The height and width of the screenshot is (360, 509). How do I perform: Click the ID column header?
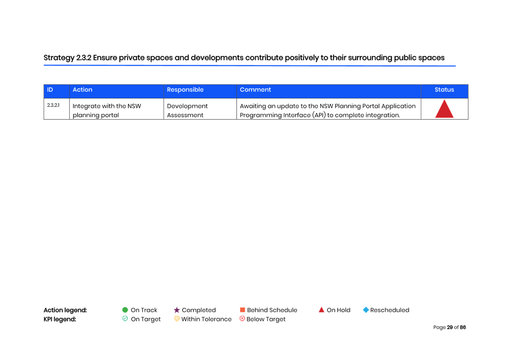pos(50,90)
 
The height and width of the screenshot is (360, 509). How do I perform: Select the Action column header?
pos(82,90)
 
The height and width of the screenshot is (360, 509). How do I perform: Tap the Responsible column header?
pos(185,90)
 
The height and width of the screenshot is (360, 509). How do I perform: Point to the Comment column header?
pos(255,90)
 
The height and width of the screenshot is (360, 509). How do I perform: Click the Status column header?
pos(444,90)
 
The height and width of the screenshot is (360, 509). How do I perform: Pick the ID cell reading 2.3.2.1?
pos(53,105)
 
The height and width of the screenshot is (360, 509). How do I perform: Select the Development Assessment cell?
pos(187,110)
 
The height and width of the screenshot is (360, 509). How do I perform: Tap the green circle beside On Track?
pos(125,310)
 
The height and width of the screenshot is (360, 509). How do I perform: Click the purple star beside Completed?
pos(176,310)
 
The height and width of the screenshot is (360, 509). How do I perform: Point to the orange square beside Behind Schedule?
pos(242,310)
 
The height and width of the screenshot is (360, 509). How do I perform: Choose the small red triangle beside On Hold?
pos(321,310)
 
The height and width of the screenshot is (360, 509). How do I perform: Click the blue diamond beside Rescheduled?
pos(366,310)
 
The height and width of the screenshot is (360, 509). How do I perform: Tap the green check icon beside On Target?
pos(125,319)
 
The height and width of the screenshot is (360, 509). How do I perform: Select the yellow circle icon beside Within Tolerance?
pos(176,319)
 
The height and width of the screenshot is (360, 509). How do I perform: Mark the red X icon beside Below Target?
pos(242,319)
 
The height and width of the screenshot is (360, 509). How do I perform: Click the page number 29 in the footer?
pos(450,327)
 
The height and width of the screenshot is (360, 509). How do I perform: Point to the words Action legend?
pos(65,310)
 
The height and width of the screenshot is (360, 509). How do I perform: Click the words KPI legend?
pos(60,319)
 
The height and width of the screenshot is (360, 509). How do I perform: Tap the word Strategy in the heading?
pos(59,58)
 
